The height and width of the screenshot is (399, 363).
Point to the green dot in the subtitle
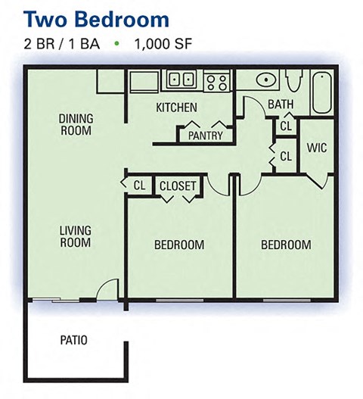116,44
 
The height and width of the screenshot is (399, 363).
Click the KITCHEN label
176,108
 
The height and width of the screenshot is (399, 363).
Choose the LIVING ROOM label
75,236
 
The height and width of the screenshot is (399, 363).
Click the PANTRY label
206,136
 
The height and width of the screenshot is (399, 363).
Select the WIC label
318,148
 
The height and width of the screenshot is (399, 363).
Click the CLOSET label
178,185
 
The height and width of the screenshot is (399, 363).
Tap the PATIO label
73,340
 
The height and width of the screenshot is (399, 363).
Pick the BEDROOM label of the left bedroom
179,245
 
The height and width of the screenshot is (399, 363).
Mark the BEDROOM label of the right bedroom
286,245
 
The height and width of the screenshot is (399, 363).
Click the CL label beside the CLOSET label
139,185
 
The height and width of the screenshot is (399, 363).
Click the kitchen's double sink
181,78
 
